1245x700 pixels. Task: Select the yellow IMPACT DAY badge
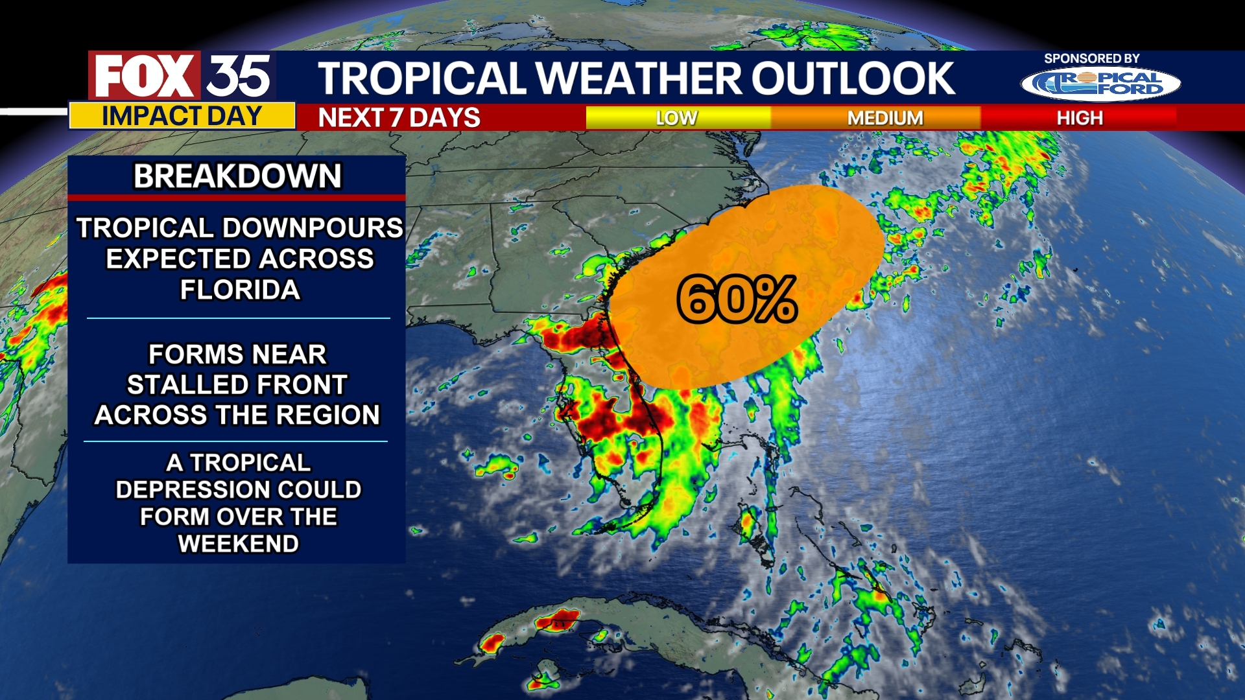coord(182,116)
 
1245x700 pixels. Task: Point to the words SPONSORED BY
coord(1091,58)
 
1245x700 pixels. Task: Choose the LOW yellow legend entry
coord(676,118)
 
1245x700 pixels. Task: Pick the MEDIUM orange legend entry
coord(884,118)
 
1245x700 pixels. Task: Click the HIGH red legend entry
coord(1080,118)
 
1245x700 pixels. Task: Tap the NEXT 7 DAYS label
coord(399,118)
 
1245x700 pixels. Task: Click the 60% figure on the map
coord(737,299)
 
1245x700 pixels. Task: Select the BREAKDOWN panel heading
coord(237,176)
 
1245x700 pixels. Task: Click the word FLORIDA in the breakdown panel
coord(240,290)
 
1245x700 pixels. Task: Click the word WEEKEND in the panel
coord(238,544)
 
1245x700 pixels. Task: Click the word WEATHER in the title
coord(638,78)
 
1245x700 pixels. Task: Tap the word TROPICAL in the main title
coord(421,78)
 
